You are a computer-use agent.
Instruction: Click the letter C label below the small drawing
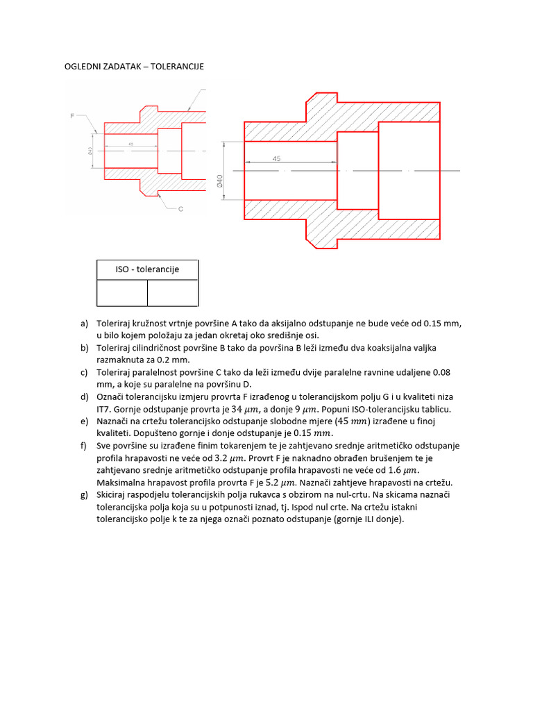(x=180, y=208)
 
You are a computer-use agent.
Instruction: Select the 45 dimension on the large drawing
(x=276, y=159)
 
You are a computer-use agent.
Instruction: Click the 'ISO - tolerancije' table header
(x=147, y=269)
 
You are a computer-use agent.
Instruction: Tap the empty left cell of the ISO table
(x=122, y=292)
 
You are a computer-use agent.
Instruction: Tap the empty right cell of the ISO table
(x=173, y=292)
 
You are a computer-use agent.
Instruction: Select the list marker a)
(x=85, y=324)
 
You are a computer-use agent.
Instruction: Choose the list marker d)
(x=85, y=397)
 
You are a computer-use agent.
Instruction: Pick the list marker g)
(x=85, y=494)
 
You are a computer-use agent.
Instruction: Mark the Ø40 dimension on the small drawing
(x=91, y=151)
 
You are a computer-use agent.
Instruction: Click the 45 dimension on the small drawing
(x=130, y=145)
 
